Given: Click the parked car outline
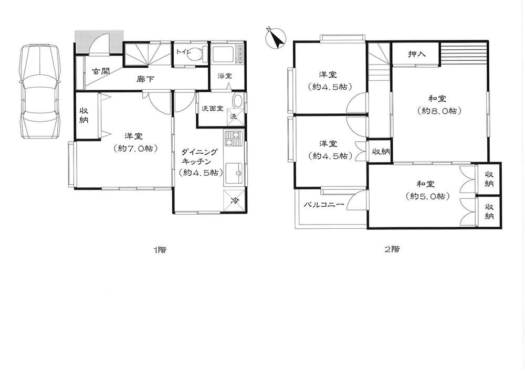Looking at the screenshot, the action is coord(40,91).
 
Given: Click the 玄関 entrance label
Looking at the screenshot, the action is coord(101,71).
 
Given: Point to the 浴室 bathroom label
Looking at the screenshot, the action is coord(225,76).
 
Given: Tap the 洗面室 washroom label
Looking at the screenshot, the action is coord(212,109).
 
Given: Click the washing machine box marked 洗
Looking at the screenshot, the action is coord(234,116).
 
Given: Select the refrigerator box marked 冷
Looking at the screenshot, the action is coord(235,200).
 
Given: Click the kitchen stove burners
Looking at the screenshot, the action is coord(233,139).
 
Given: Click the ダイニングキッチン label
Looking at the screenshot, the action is coord(199,157).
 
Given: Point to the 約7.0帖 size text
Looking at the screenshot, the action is coord(135,148).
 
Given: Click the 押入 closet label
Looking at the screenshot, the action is coord(417,54).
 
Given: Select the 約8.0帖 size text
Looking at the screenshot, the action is coord(439,111).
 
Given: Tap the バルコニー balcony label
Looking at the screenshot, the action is coord(323,205).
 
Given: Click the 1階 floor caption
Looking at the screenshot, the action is coord(160,250).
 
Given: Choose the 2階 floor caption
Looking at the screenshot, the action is coord(392,249).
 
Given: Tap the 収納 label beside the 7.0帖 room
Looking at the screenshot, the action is coord(83,115).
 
